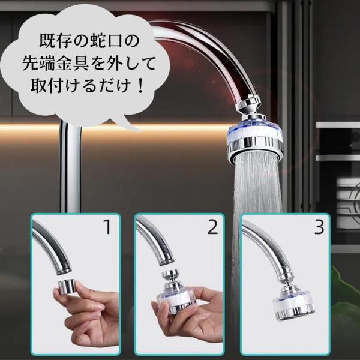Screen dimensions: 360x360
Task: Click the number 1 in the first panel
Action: tap(107, 227)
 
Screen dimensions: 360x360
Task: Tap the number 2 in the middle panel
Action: tap(212, 227)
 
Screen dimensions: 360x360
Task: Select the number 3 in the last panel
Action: tap(319, 227)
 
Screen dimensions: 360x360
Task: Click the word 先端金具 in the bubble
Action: tap(55, 63)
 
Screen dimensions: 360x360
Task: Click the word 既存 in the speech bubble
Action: tap(55, 41)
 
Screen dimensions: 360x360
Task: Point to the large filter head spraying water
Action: tap(254, 141)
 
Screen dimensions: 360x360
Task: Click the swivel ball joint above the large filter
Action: tap(248, 107)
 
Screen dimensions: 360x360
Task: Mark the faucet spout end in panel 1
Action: tap(64, 269)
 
